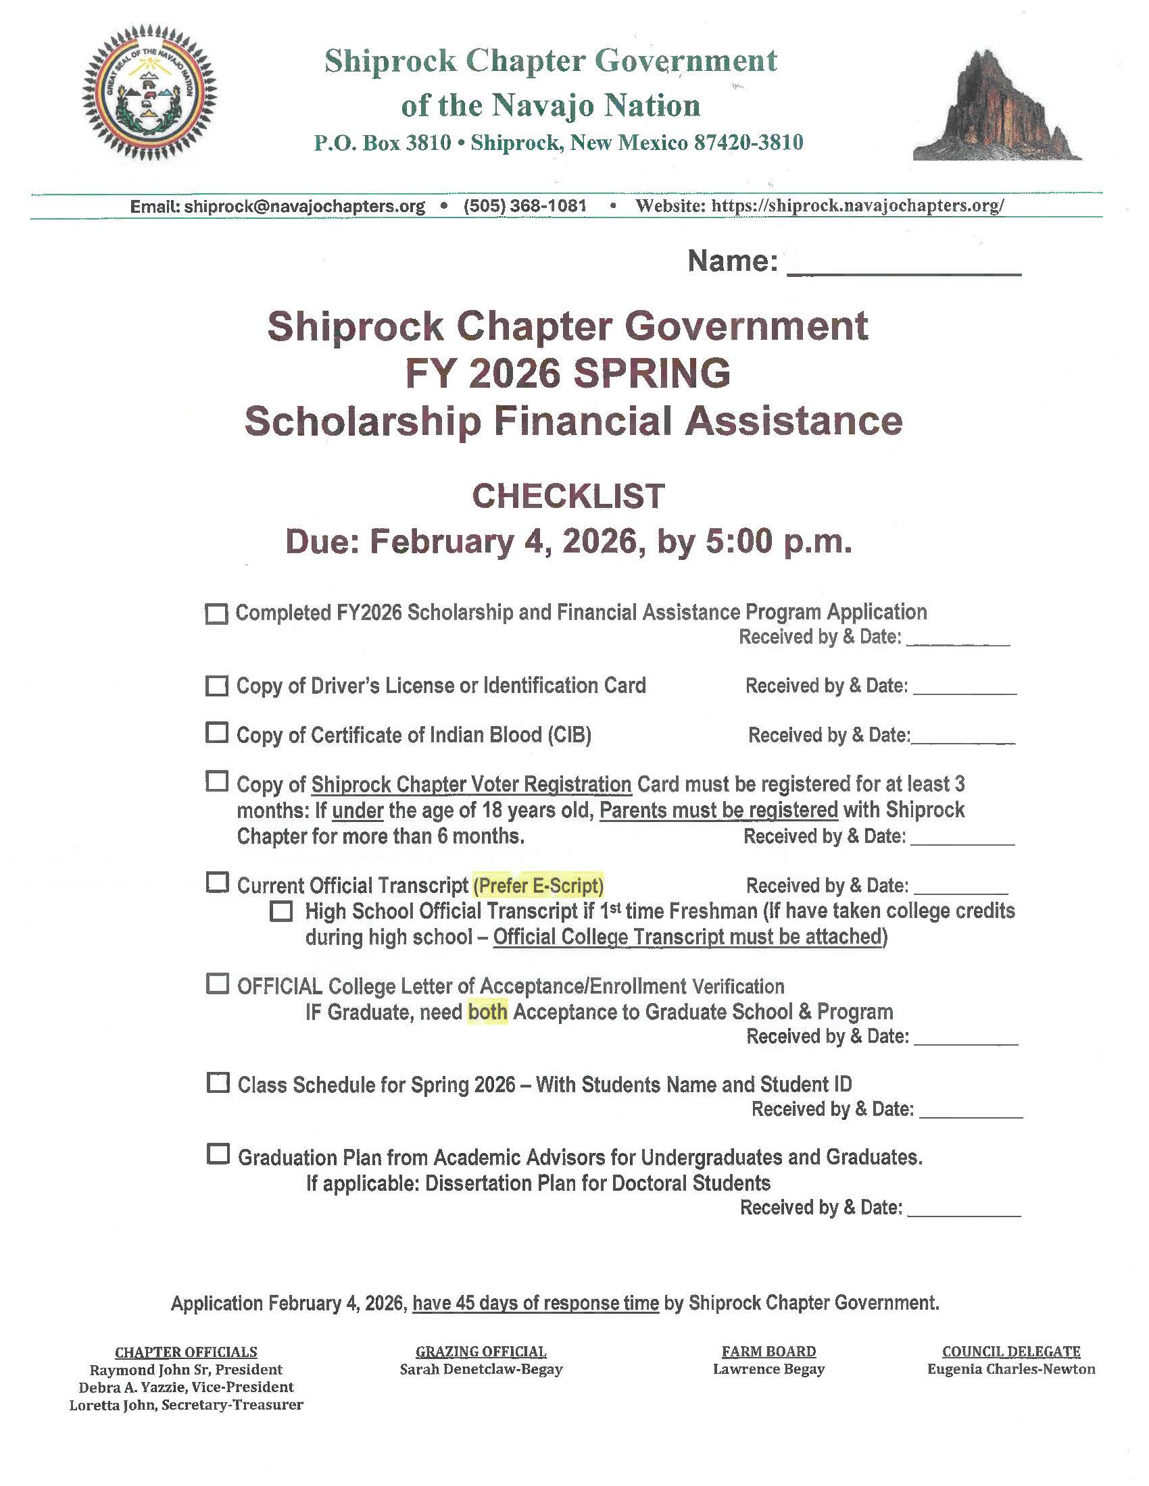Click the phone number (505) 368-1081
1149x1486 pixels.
[524, 205]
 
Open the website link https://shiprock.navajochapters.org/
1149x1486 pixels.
[858, 205]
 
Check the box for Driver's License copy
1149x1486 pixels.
[216, 685]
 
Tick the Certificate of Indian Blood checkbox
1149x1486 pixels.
[216, 733]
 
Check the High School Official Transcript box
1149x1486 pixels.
[281, 911]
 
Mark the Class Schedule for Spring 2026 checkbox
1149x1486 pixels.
[217, 1083]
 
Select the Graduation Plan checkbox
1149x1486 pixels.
[217, 1154]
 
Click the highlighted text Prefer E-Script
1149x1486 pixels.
[539, 886]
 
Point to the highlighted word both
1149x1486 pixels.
[487, 1012]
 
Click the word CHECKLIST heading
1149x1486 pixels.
[568, 496]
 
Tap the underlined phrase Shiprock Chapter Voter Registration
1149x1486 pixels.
[471, 784]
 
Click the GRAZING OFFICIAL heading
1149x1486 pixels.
[481, 1352]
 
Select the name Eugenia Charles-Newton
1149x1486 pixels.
[1011, 1369]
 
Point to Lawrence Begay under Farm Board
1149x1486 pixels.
[768, 1369]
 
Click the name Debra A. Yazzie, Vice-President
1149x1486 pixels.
[186, 1387]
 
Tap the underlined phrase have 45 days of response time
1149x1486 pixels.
[536, 1303]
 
